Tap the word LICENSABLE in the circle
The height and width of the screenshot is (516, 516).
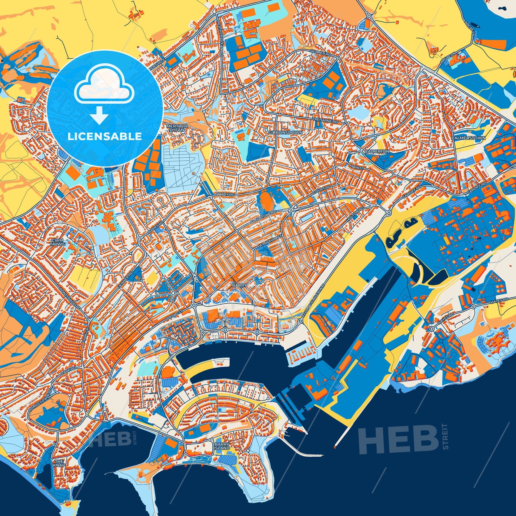(105, 137)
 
